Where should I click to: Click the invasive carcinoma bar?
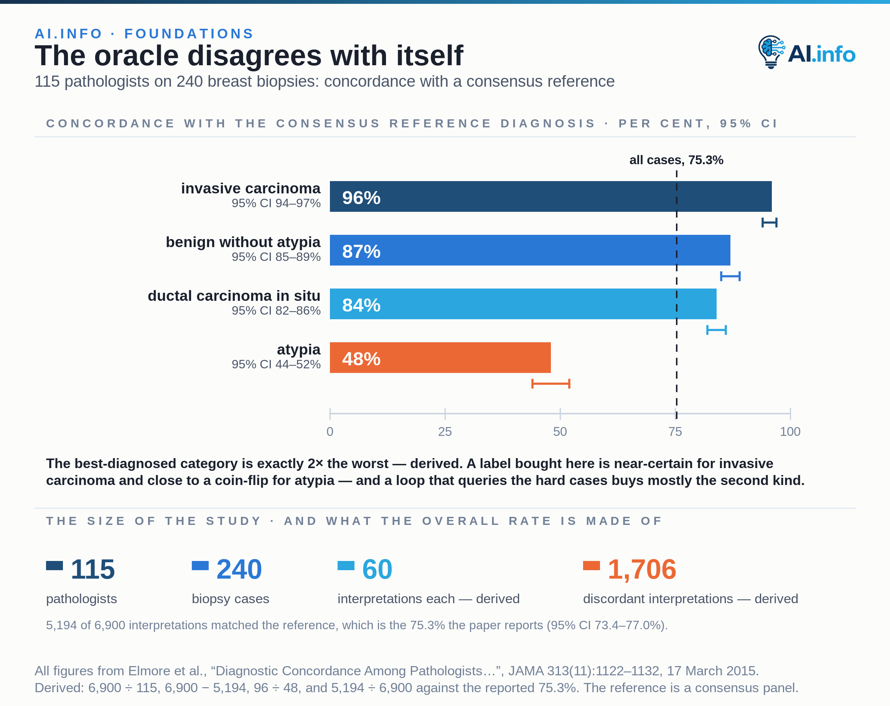(x=550, y=196)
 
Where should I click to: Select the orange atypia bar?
(x=440, y=358)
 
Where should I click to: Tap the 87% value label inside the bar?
(x=361, y=251)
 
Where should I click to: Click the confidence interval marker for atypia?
(x=550, y=384)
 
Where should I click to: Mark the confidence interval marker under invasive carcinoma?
(x=770, y=223)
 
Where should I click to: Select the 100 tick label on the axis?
(x=790, y=431)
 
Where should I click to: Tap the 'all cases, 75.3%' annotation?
(x=676, y=160)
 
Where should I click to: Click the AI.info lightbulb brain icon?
(x=771, y=52)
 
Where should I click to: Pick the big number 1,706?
(x=642, y=569)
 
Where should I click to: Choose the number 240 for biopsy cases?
(x=239, y=569)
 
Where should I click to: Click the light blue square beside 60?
(x=346, y=566)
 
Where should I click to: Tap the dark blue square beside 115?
(x=54, y=566)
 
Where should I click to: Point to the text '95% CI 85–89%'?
(x=276, y=257)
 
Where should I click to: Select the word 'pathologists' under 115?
(x=82, y=599)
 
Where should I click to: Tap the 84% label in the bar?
(x=361, y=305)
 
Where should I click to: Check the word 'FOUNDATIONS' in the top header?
(x=189, y=33)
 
